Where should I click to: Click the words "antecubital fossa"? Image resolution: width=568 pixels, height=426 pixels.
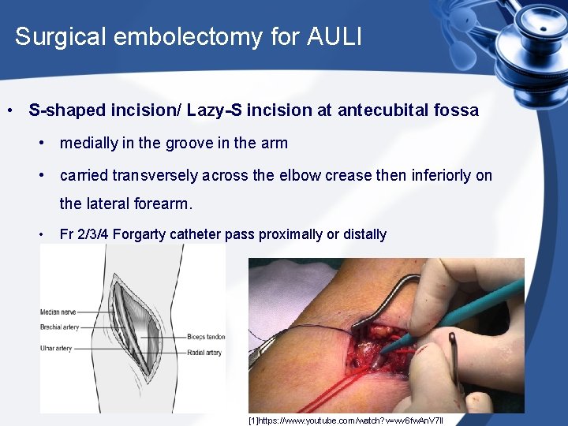[x=408, y=110]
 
